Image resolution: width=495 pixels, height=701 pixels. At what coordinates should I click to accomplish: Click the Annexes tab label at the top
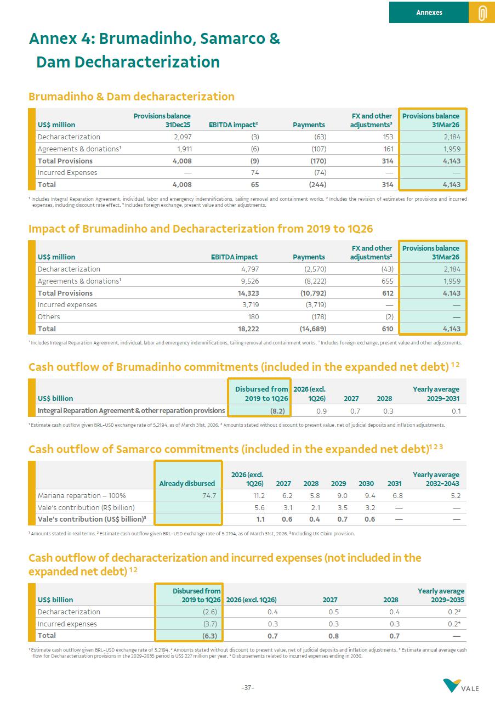pos(429,12)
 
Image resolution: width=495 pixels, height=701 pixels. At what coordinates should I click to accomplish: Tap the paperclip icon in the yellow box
pos(482,13)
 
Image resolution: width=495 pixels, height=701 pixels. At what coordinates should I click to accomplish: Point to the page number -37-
pos(248,688)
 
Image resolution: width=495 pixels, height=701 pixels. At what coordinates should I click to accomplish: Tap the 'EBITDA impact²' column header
pos(234,125)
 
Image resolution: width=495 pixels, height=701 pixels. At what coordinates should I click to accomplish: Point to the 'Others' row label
pos(49,316)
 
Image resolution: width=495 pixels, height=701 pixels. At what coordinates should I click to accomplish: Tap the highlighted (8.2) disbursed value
pos(278,410)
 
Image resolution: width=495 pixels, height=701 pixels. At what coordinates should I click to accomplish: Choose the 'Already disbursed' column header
pos(187,483)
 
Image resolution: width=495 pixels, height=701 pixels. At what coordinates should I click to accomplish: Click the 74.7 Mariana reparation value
pos(209,495)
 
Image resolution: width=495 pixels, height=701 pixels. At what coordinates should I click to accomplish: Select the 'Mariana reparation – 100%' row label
pos(81,495)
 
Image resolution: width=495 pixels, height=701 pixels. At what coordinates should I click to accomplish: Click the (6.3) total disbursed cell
pos(209,636)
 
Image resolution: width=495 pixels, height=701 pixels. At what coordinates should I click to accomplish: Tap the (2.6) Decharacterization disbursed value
pos(210,612)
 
